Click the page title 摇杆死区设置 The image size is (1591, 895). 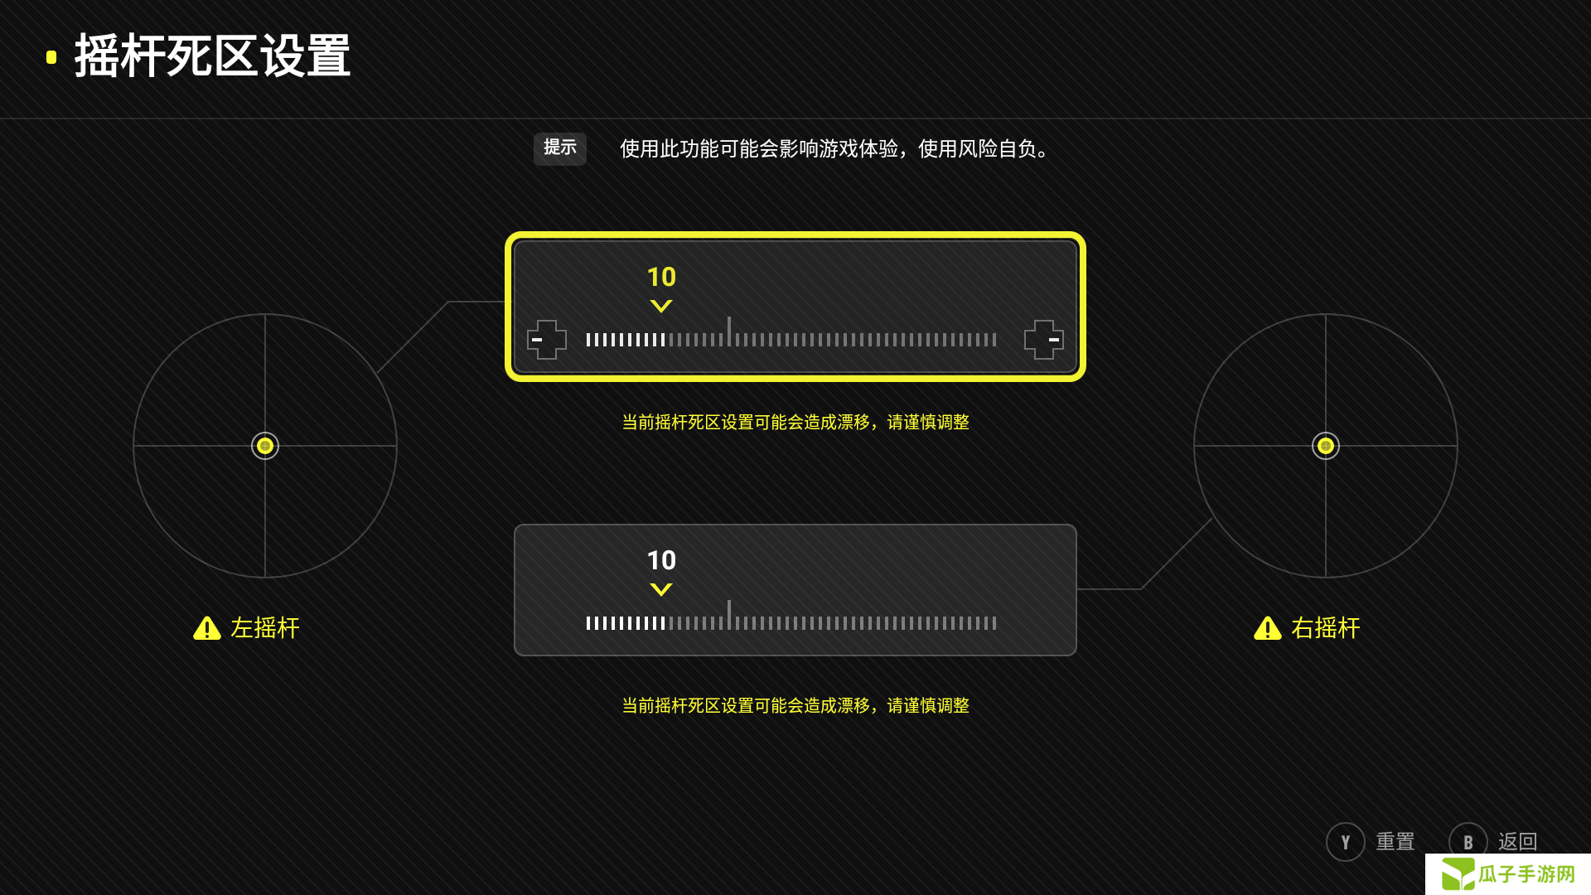[212, 56]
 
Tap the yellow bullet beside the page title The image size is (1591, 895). [51, 57]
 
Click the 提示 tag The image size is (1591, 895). [560, 148]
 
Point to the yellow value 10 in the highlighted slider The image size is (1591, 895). [661, 277]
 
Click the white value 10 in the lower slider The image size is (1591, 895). [661, 560]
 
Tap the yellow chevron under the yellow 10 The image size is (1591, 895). [661, 306]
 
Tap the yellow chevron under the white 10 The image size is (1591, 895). [661, 589]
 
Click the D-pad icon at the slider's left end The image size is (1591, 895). [547, 340]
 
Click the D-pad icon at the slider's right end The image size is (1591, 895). [1044, 340]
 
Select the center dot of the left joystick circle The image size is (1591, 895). [265, 446]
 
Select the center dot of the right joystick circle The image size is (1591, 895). [1326, 446]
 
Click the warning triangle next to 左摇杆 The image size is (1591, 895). [207, 628]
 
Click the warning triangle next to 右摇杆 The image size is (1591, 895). [1268, 628]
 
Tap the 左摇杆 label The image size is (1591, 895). [265, 628]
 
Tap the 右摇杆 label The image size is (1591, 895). [1326, 628]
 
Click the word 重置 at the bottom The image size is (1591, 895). [1395, 842]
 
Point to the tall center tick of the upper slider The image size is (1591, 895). [729, 331]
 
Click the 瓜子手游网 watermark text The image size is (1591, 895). [1526, 874]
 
